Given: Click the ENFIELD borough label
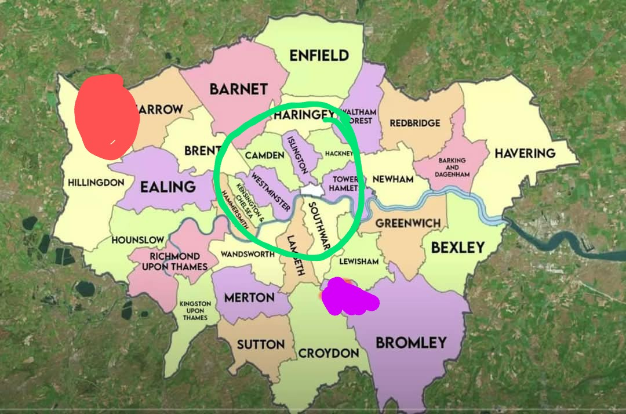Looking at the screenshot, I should [319, 56].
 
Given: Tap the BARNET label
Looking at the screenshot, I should [239, 89].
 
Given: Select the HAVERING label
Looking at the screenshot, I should [525, 154].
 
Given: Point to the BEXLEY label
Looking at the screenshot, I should [457, 248].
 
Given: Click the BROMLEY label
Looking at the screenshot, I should [411, 342].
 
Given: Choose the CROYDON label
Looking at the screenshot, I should [328, 353].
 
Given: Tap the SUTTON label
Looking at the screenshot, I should [261, 344].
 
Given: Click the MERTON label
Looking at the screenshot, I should [249, 297].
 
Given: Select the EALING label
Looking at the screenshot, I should [168, 187].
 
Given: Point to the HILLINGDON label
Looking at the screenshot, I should [96, 182].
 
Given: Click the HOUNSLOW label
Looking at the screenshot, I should [138, 239].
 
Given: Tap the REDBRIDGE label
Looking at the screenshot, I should [414, 123].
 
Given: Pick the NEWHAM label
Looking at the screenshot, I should [393, 179].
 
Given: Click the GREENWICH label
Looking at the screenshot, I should [407, 223].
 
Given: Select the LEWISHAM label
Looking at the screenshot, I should [359, 262].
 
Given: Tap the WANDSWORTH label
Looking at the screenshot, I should [246, 254].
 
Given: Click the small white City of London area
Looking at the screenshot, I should [311, 191].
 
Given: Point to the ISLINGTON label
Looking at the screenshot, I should [297, 155].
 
